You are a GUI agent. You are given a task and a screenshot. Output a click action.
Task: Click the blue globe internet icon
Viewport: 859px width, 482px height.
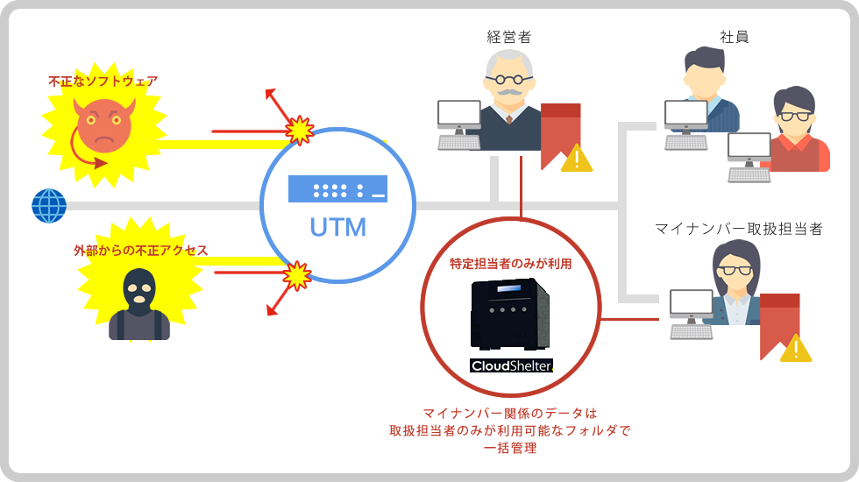[x=49, y=206]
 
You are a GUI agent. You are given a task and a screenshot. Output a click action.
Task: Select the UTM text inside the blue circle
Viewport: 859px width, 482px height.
[x=337, y=229]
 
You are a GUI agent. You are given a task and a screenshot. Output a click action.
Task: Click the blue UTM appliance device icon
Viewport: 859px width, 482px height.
[x=337, y=188]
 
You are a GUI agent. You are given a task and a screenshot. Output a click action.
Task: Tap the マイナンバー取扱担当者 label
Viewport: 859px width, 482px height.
[x=739, y=229]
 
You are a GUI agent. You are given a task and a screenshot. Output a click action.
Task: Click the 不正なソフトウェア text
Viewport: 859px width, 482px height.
[x=103, y=81]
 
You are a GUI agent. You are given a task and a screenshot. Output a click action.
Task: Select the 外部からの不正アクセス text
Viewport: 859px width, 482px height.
[x=140, y=251]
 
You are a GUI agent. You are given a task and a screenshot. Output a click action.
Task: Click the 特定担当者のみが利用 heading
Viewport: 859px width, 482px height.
[x=511, y=263]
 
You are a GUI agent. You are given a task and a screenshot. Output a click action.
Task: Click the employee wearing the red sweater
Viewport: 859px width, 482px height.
[x=798, y=131]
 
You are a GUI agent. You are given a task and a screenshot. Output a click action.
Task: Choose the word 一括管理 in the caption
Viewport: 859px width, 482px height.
[x=510, y=449]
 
